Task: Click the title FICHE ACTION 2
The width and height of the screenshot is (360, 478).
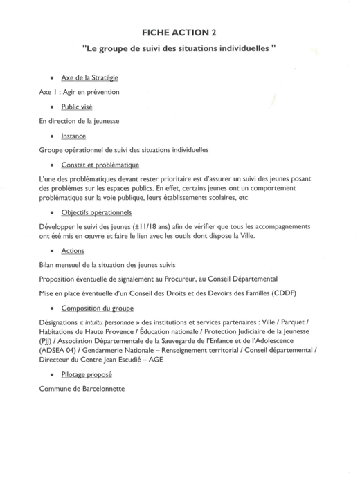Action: [179, 33]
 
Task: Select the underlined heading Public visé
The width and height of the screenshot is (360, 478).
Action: [77, 107]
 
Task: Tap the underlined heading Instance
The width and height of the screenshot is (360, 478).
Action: [73, 136]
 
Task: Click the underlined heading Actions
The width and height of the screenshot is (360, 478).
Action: [73, 250]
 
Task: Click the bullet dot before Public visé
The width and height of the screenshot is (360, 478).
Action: [53, 108]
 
